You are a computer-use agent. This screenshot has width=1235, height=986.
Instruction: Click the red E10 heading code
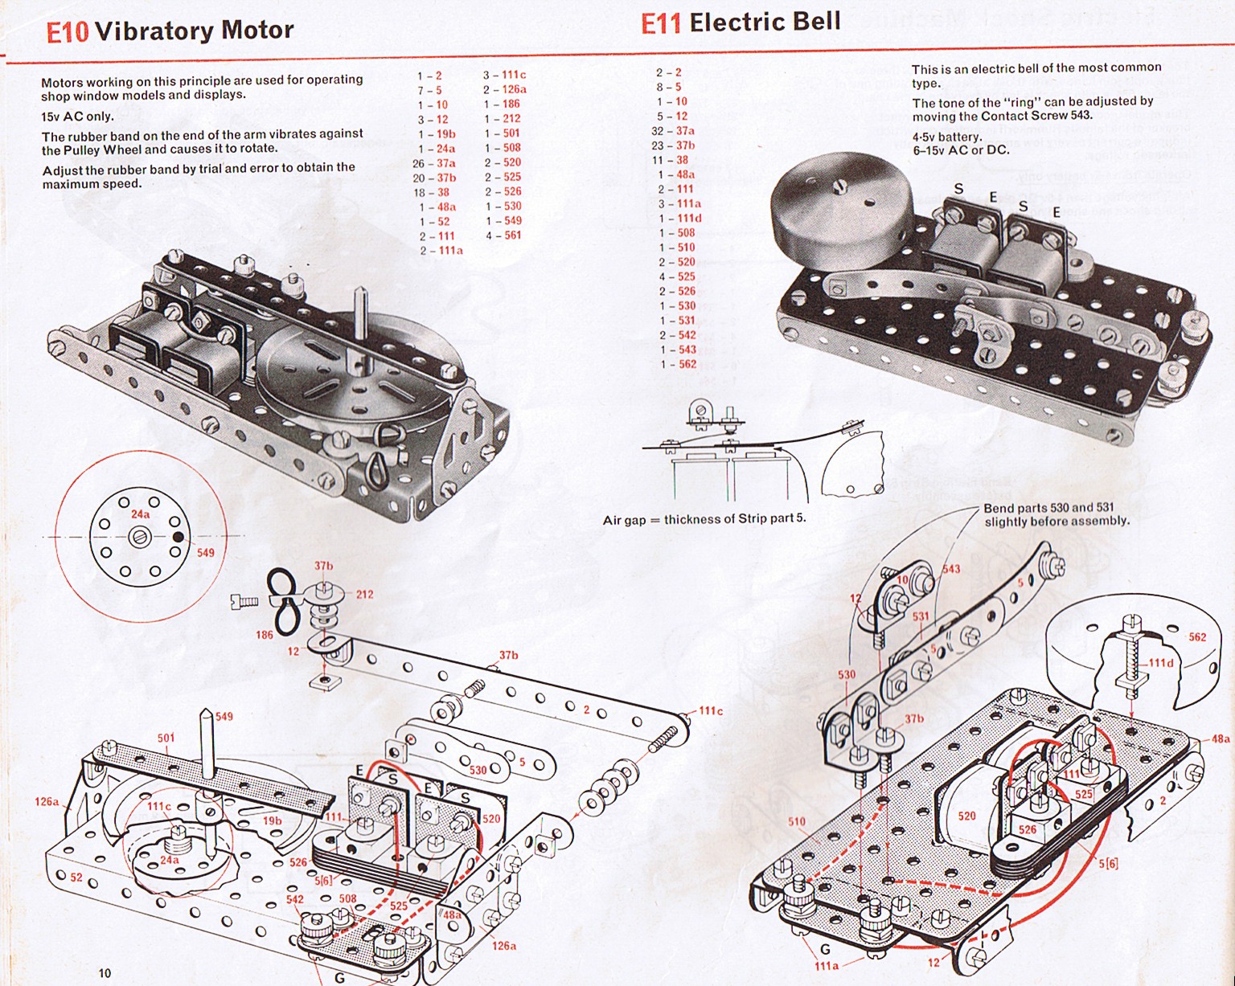(x=68, y=32)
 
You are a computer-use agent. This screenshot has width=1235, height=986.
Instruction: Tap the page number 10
(x=105, y=973)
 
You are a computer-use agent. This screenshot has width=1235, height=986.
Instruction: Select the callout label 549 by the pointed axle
(x=224, y=716)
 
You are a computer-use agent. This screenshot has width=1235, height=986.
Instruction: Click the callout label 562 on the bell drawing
(x=1197, y=637)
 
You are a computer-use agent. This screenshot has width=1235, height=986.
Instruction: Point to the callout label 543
(x=951, y=569)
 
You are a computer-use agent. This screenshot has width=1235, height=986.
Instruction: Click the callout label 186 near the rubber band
(x=265, y=635)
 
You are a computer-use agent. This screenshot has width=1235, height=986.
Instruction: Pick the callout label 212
(x=364, y=595)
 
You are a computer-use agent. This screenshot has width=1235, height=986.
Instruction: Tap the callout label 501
(x=166, y=738)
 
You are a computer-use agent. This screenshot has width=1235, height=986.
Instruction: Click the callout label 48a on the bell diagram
(x=1220, y=739)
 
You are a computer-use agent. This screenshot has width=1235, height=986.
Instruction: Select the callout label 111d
(x=1160, y=663)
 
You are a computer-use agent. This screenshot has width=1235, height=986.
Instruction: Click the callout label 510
(x=796, y=821)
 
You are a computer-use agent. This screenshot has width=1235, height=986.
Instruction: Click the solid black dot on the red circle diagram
(x=178, y=537)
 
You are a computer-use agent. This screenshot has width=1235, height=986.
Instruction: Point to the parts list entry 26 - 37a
(x=434, y=163)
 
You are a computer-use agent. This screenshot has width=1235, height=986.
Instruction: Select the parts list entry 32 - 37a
(x=673, y=131)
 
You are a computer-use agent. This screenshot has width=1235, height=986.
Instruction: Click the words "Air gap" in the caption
(x=624, y=520)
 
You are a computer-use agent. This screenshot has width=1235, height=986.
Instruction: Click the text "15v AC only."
(x=77, y=117)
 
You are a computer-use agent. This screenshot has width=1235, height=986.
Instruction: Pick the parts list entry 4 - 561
(x=503, y=235)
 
